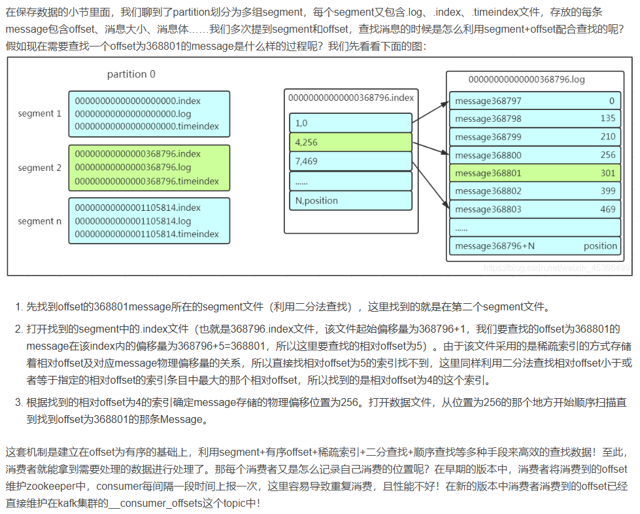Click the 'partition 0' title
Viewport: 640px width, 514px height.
point(131,74)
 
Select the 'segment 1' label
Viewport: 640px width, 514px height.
point(39,113)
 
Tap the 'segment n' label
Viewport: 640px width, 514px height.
point(39,221)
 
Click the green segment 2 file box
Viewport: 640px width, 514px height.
point(149,168)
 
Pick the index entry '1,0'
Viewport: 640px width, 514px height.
point(350,123)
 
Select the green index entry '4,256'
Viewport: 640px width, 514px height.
point(350,142)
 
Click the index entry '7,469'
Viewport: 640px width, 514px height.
point(350,161)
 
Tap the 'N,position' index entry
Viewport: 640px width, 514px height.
point(350,200)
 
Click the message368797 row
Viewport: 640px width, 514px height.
point(534,101)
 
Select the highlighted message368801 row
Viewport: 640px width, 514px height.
point(534,174)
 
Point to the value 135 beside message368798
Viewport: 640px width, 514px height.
point(608,119)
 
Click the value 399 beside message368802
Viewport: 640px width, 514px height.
point(608,191)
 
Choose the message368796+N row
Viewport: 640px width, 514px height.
point(534,246)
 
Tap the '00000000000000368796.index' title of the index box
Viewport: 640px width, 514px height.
point(351,98)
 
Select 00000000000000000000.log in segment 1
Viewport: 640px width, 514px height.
point(133,114)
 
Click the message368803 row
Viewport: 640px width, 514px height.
point(534,210)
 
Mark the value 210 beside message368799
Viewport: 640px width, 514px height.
point(608,137)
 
